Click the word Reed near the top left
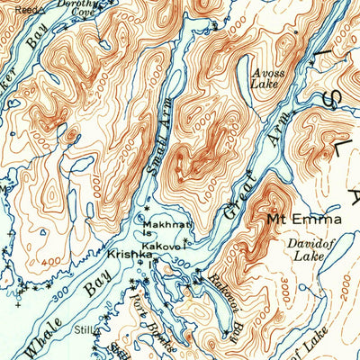click(x=28, y=9)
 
